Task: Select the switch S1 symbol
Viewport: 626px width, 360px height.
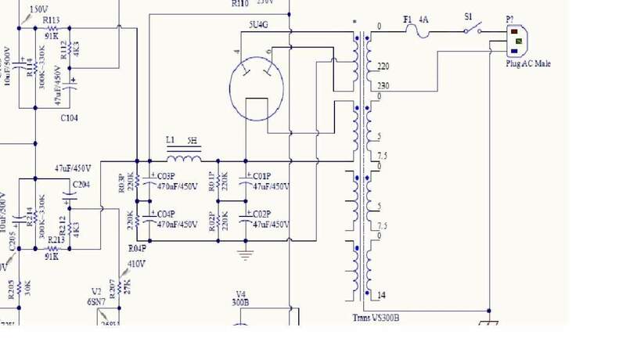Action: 470,30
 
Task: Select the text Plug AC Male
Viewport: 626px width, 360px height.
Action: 528,63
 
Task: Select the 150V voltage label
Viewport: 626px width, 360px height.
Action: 36,9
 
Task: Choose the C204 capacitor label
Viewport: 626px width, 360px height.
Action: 81,185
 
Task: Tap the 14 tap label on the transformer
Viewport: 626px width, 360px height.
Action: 381,294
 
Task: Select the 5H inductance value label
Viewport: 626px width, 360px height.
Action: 192,142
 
